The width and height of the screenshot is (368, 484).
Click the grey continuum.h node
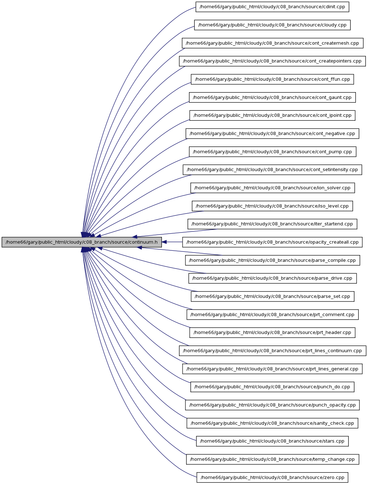82,242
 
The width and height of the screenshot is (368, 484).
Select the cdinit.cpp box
272,7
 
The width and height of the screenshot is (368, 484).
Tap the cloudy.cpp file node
272,25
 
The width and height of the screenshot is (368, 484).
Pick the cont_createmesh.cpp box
272,43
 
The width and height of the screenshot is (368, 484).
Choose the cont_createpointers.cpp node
272,61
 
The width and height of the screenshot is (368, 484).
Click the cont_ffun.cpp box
272,79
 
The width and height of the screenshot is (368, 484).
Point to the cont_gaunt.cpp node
272,97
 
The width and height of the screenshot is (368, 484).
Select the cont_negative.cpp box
272,134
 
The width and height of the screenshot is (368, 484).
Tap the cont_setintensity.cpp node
272,170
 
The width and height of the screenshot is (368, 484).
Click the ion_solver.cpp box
272,188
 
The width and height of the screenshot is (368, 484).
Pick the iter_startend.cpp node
272,224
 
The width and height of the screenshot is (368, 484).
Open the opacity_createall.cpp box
272,242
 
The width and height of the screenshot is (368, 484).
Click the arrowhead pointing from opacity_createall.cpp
164,242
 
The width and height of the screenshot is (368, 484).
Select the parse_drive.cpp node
272,278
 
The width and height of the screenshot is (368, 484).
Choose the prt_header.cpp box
272,333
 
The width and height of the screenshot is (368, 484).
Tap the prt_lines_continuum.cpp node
272,351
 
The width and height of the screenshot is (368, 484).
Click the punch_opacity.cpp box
272,405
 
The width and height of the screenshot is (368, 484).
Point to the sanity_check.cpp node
272,423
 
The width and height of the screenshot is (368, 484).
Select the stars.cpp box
272,441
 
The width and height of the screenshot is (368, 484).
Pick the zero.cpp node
272,477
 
